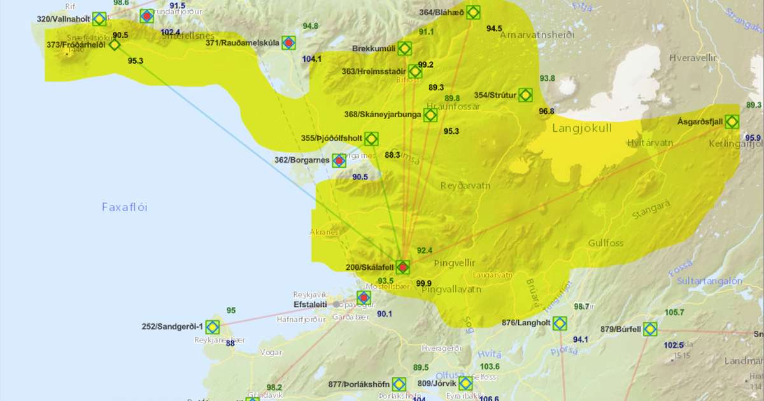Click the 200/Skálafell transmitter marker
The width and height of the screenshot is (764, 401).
[x=402, y=267]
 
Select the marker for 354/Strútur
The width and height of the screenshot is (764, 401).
[x=525, y=95]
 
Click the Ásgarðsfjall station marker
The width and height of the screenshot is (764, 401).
[x=732, y=121]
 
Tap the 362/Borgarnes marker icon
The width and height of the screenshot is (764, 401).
[x=339, y=160]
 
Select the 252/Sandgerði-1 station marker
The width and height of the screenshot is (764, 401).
[x=212, y=327]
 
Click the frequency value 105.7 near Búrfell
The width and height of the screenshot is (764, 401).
[x=674, y=313]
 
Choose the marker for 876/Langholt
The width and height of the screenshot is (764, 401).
[x=559, y=323]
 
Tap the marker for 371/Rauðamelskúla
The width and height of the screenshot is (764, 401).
[x=288, y=43]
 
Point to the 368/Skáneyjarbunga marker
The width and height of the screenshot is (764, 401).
[x=430, y=115]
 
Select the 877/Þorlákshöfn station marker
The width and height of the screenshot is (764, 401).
[x=399, y=384]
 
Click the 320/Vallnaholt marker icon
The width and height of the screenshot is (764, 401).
[x=99, y=19]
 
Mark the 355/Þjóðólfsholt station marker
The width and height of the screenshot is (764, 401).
[x=371, y=138]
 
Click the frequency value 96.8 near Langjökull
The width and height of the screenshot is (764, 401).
[x=546, y=111]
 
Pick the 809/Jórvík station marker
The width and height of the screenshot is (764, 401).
[x=465, y=384]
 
